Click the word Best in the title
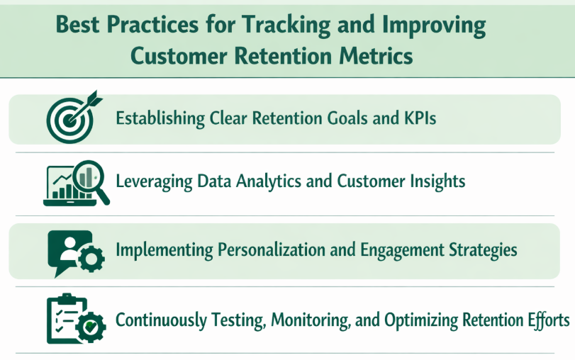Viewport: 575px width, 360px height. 79,26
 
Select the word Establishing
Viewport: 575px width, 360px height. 161,118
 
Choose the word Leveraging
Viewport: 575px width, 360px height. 154,181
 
